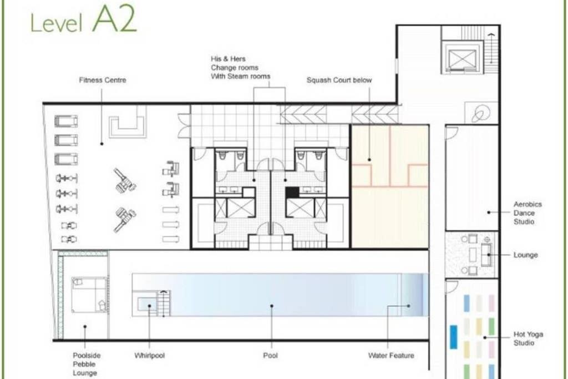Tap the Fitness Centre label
pos(103,80)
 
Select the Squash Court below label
pos(339,80)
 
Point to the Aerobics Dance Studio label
pos(528,213)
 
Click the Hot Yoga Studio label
pos(528,338)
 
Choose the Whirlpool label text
pos(149,356)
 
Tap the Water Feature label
pos(391,356)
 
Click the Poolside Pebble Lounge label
pos(86,364)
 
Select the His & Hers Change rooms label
pos(240,67)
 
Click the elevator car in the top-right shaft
pos(462,59)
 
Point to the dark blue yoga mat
pos(453,337)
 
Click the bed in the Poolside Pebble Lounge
pos(89,295)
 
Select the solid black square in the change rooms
pos(292,193)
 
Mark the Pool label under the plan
pos(270,356)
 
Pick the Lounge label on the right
pos(525,255)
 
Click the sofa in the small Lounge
pos(486,255)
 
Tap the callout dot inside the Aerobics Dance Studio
pos(489,213)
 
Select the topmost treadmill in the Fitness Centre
pos(66,121)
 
